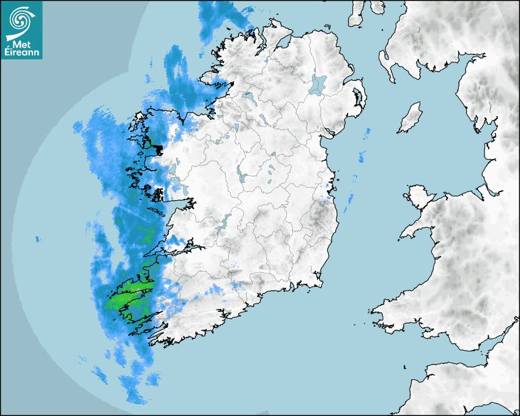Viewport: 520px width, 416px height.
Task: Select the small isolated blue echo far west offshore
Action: coord(37,238)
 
